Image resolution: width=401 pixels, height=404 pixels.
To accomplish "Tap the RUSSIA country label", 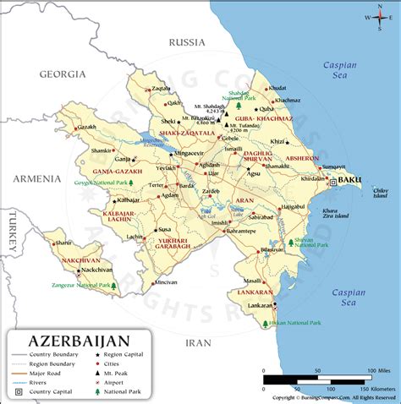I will [188, 41].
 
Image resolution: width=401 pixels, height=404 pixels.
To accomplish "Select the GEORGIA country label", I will [63, 74].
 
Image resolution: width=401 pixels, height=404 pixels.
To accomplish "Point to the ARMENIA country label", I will [36, 178].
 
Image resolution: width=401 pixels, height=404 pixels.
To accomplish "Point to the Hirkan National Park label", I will [291, 323].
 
